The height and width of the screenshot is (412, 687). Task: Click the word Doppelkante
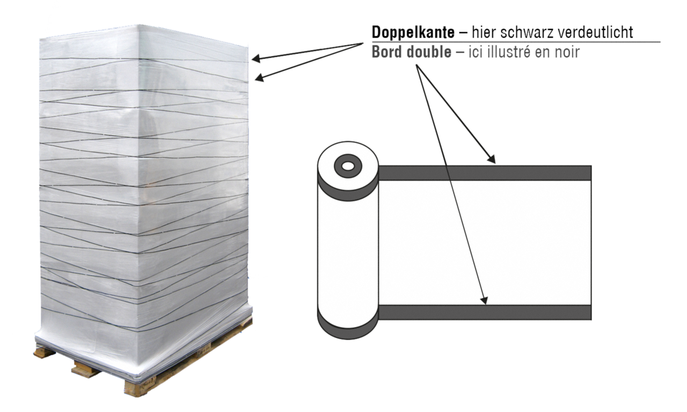[413, 32]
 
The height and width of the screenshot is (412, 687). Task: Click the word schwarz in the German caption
[530, 32]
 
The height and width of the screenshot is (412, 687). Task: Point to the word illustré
[517, 52]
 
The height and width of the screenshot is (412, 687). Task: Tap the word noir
[567, 52]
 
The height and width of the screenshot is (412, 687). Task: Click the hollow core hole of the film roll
[348, 167]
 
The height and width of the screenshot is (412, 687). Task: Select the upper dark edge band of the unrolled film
[485, 173]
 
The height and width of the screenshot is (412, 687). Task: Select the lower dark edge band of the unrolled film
[485, 313]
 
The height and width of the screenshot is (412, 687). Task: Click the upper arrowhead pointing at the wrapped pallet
[256, 59]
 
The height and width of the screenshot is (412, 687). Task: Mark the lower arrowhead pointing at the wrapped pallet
[259, 78]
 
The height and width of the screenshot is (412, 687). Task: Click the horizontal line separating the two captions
[516, 42]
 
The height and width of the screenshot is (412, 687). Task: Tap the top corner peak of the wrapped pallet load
[138, 25]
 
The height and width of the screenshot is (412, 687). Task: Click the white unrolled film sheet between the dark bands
[485, 243]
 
